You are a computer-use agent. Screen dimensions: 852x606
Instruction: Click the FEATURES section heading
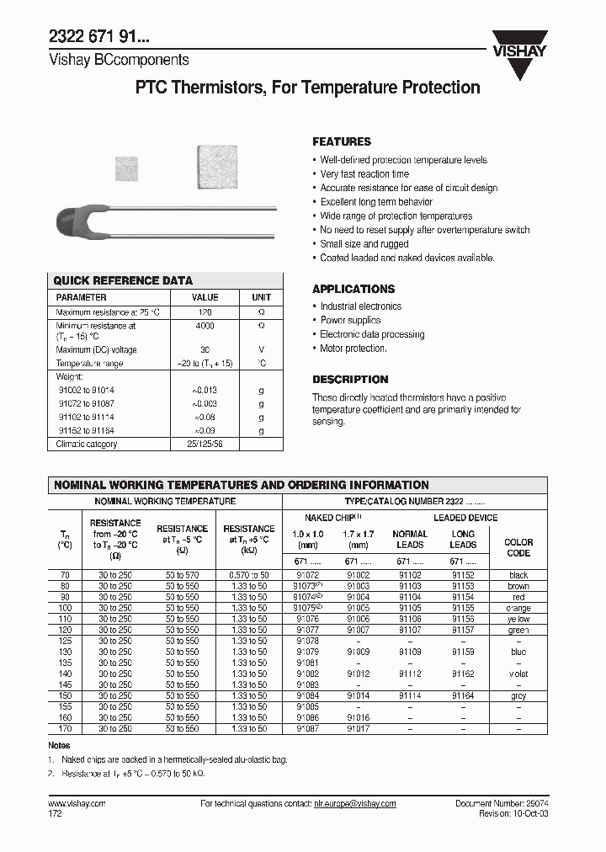(x=341, y=141)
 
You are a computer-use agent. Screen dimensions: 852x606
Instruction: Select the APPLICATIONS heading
(x=353, y=289)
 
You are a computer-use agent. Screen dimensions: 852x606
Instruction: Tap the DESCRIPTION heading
(x=350, y=380)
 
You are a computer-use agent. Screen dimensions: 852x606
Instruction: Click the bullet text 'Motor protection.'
(x=353, y=349)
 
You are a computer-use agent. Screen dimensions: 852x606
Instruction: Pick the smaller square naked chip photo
(x=130, y=167)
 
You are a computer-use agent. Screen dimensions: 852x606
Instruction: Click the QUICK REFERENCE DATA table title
(x=123, y=280)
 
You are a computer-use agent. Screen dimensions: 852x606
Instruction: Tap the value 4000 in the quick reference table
(x=205, y=326)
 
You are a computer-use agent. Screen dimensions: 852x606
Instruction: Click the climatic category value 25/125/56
(x=205, y=444)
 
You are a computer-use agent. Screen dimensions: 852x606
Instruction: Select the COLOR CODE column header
(x=518, y=548)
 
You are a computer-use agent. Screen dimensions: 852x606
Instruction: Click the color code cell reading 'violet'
(x=518, y=674)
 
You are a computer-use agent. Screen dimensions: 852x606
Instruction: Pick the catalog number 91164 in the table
(x=462, y=695)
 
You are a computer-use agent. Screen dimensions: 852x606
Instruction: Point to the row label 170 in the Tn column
(x=66, y=728)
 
